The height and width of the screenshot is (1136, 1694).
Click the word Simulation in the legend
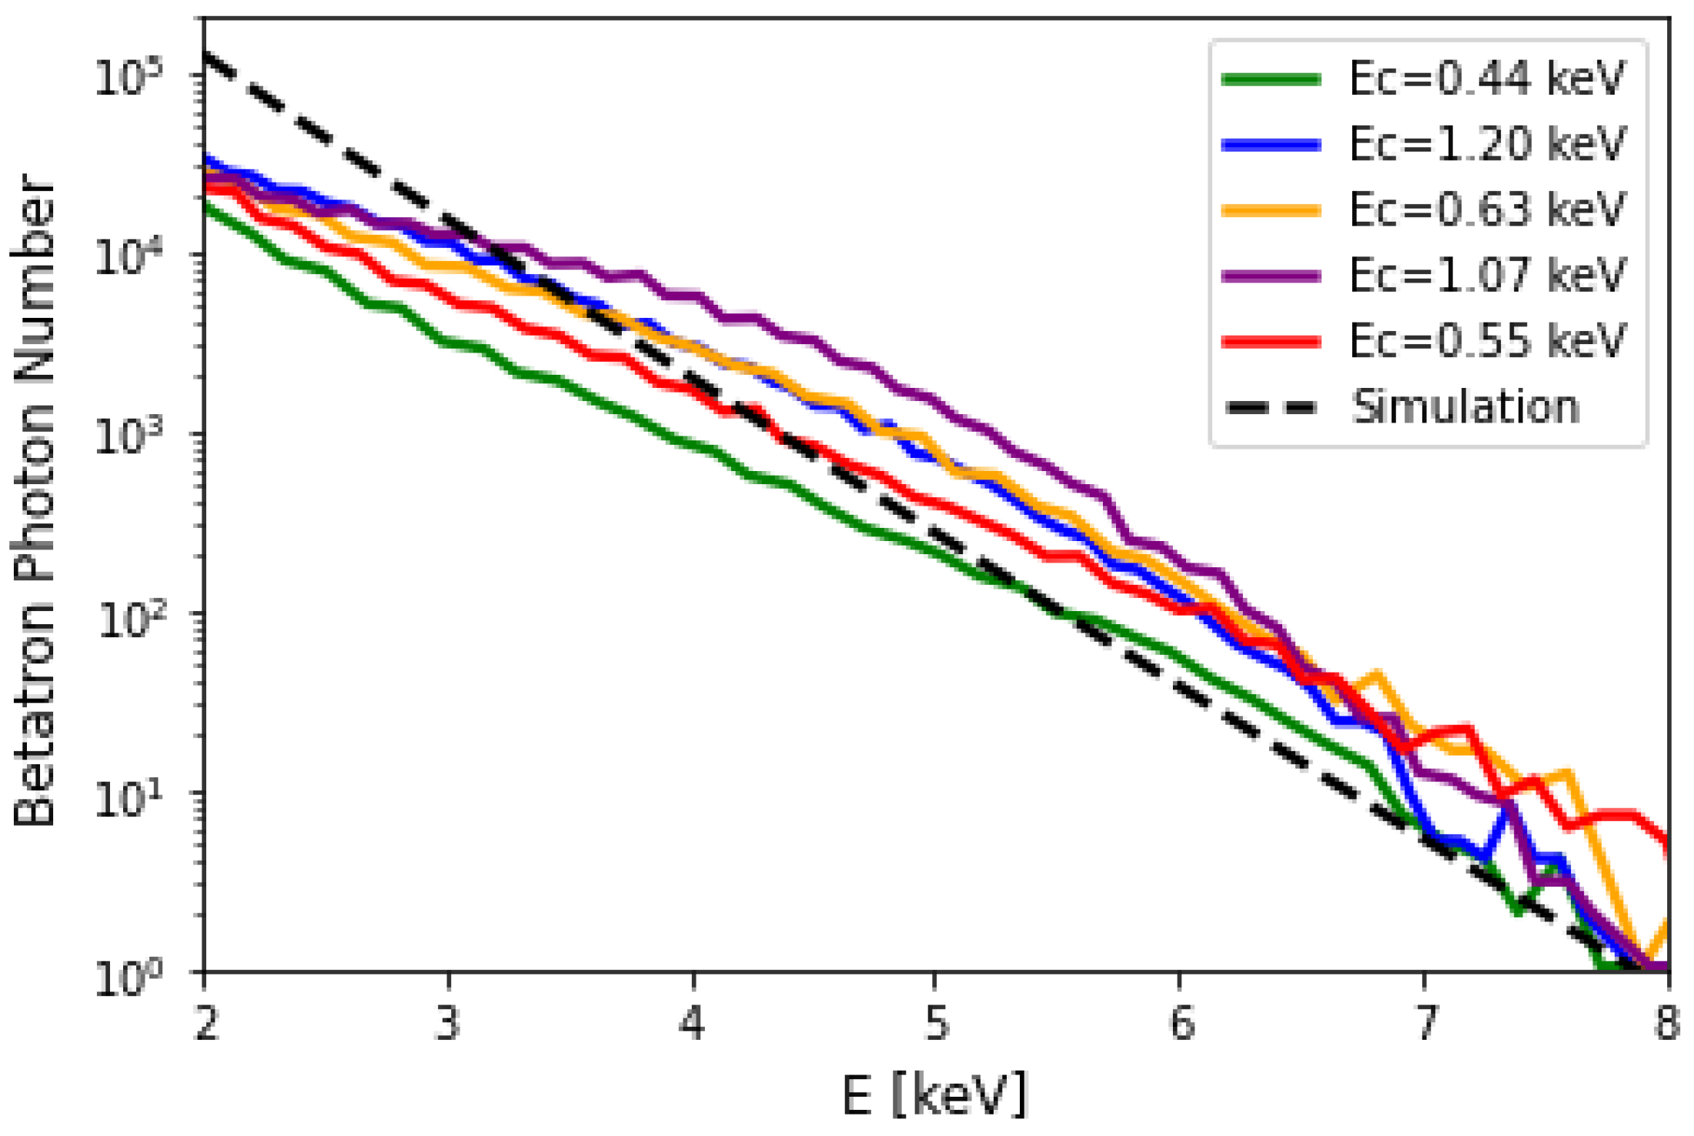(x=1465, y=406)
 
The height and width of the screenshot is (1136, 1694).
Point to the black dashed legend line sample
(x=1271, y=408)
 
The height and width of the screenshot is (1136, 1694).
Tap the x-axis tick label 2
(x=205, y=1024)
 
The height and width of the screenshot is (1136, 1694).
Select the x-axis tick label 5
(x=936, y=1024)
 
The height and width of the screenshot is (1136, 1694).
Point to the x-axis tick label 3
(x=448, y=1024)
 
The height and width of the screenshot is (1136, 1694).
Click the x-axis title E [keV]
(x=934, y=1094)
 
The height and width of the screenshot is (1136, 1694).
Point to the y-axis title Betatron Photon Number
(x=35, y=500)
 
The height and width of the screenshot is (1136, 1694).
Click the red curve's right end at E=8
(x=1666, y=845)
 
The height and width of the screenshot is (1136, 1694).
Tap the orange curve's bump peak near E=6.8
(x=1376, y=675)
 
